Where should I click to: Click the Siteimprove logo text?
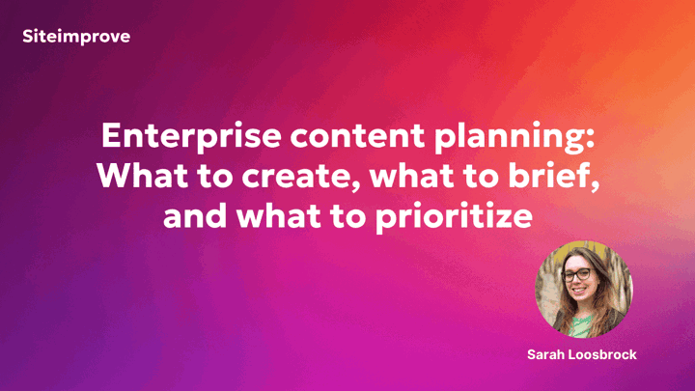pyautogui.click(x=76, y=37)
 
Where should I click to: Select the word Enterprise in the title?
pyautogui.click(x=191, y=136)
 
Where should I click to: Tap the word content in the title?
pyautogui.click(x=357, y=136)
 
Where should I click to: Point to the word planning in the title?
pyautogui.click(x=509, y=137)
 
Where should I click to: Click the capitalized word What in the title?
pyautogui.click(x=143, y=176)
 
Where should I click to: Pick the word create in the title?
pyautogui.click(x=297, y=177)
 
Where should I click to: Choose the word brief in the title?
pyautogui.click(x=548, y=175)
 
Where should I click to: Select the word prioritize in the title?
pyautogui.click(x=454, y=217)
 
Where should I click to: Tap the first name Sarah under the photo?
pyautogui.click(x=545, y=354)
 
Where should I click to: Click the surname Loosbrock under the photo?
pyautogui.click(x=602, y=354)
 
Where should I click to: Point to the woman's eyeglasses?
pyautogui.click(x=576, y=275)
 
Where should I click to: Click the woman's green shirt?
pyautogui.click(x=582, y=325)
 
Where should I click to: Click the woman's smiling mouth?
pyautogui.click(x=580, y=292)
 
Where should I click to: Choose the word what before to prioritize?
pyautogui.click(x=278, y=215)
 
